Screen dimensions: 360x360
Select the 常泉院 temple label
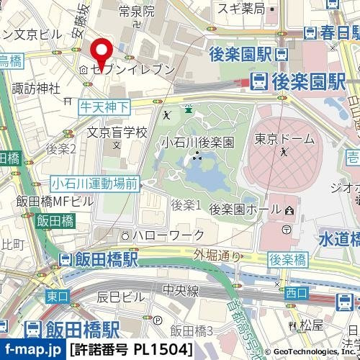tap(137, 11)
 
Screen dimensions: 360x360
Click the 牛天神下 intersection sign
tap(104, 107)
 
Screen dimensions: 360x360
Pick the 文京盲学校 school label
tap(117, 133)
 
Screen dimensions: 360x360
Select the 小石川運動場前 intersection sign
tap(94, 184)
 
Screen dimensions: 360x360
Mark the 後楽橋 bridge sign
tap(287, 258)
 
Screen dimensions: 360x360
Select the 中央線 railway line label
tap(180, 292)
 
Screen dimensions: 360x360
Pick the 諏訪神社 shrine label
tap(35, 87)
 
